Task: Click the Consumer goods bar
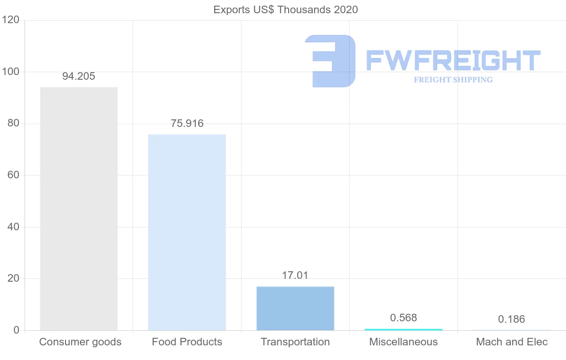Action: pos(79,209)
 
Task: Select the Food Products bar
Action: pos(187,232)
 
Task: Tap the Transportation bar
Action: pos(295,308)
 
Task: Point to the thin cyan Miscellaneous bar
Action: pos(403,329)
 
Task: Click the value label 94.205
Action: pos(79,76)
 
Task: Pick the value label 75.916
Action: pos(187,124)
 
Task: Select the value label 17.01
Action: pos(295,275)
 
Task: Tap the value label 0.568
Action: pos(403,318)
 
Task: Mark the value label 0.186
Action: pos(512,319)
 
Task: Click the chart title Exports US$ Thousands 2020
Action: pos(286,10)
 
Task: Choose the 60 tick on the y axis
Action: pos(13,176)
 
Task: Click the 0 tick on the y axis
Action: pos(17,330)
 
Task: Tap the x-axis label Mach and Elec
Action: pos(512,342)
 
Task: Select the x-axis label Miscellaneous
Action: pos(403,342)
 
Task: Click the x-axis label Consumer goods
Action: pos(80,342)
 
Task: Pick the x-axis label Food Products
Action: pos(187,342)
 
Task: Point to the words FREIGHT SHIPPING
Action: pos(453,80)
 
